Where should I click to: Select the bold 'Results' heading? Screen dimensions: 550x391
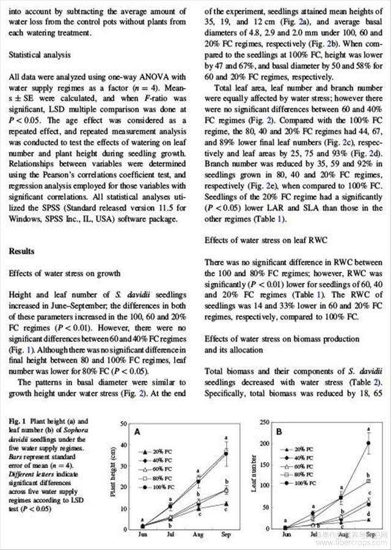point(22,251)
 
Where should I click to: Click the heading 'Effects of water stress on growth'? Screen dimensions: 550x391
point(64,273)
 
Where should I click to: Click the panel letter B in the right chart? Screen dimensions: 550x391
point(279,431)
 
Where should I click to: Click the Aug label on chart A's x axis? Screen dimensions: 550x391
point(198,535)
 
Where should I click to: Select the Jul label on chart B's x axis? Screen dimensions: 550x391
point(313,535)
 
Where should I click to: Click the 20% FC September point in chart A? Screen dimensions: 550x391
point(226,504)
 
